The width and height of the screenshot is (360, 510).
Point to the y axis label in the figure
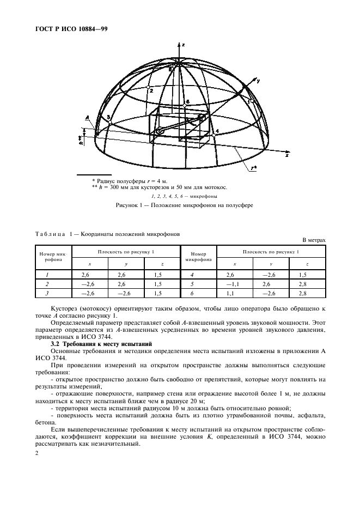pyautogui.click(x=258, y=81)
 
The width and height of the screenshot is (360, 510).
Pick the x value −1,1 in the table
pyautogui.click(x=232, y=284)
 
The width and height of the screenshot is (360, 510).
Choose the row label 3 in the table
pyautogui.click(x=47, y=293)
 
